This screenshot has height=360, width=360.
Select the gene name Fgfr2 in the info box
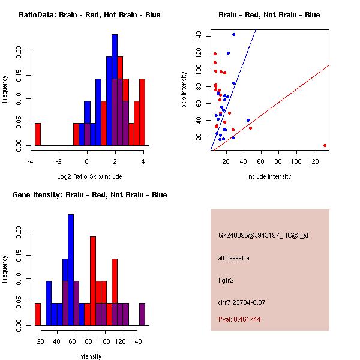click(226, 280)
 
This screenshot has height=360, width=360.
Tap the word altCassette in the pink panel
click(233, 258)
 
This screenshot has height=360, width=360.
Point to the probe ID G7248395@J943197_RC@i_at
click(263, 236)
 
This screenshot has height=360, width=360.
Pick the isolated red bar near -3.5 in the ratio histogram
click(38, 134)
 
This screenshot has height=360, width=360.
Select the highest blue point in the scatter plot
click(233, 34)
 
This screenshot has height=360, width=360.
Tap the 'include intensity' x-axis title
click(269, 176)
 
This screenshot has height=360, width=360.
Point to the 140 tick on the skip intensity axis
click(199, 35)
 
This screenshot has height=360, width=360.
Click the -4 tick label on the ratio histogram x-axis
click(31, 161)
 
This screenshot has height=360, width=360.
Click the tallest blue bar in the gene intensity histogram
click(71, 269)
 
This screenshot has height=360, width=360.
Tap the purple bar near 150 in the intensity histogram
click(142, 314)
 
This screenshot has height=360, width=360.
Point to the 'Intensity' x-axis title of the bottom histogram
click(89, 356)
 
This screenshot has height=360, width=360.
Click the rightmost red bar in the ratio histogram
click(142, 112)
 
